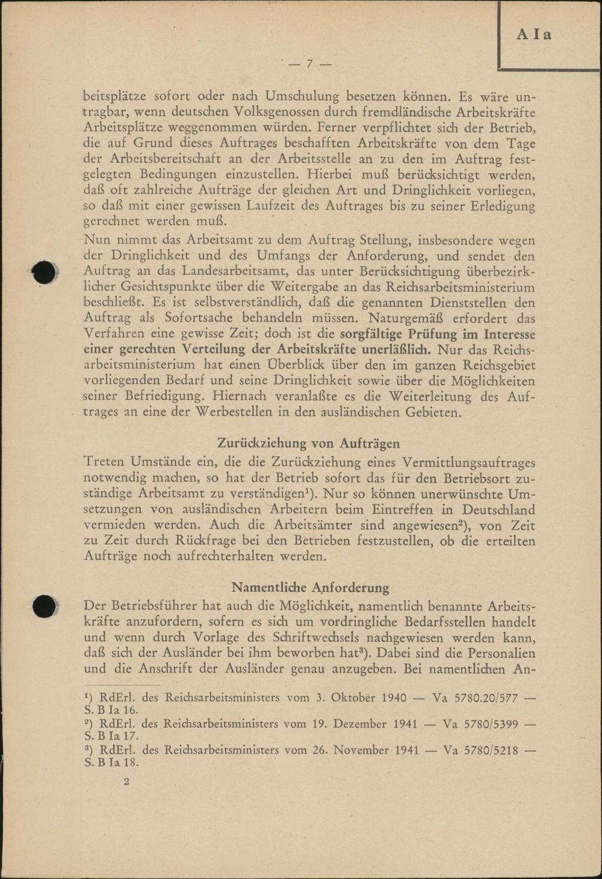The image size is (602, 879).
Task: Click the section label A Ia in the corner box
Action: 534,34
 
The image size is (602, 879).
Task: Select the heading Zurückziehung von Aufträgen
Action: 309,443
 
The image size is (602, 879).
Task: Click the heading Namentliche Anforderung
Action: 310,587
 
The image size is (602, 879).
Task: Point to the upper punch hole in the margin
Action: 45,273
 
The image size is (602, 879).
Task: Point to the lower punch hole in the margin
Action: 45,606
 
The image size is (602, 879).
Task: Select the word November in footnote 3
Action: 362,750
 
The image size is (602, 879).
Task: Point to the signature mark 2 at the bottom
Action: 126,781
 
